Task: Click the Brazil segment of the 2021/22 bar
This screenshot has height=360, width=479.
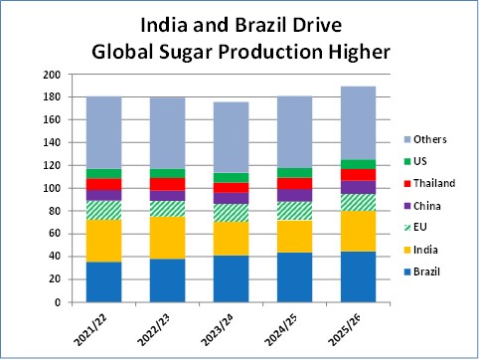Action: (105, 281)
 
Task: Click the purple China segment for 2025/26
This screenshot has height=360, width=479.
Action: (359, 187)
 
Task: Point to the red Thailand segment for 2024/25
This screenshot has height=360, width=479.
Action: (295, 183)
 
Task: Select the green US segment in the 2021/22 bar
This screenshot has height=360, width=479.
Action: (105, 173)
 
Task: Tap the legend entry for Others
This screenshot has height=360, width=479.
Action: (427, 139)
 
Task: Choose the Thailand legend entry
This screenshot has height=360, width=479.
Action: (433, 183)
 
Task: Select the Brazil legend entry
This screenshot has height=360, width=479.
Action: (426, 270)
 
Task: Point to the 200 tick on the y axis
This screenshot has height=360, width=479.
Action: (54, 75)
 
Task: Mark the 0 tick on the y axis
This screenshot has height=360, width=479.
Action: (59, 302)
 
